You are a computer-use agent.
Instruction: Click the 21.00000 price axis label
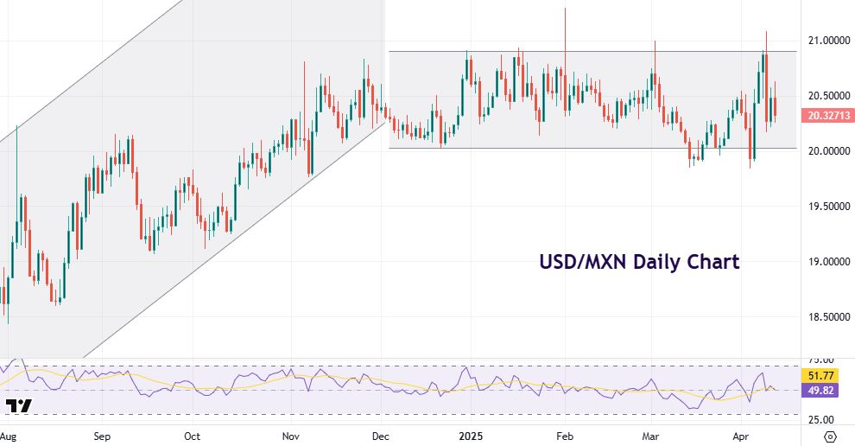(x=824, y=41)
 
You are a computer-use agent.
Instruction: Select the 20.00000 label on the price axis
(x=824, y=151)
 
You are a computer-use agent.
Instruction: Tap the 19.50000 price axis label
(x=824, y=207)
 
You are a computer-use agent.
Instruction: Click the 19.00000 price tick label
(x=824, y=262)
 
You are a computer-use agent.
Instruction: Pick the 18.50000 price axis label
(x=824, y=317)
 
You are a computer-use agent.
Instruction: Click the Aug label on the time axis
(x=8, y=436)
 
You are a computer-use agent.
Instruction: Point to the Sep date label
(x=102, y=436)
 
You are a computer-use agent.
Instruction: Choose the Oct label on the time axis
(x=192, y=436)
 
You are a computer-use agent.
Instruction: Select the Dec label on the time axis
(x=379, y=436)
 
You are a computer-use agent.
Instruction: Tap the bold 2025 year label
(x=471, y=436)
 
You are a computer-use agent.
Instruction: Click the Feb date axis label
(x=565, y=436)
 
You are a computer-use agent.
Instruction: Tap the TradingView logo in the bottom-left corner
(x=18, y=405)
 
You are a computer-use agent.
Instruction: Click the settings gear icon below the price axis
(x=830, y=436)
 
